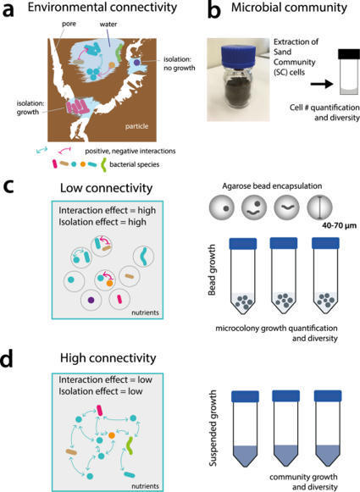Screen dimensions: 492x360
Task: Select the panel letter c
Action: [x=11, y=180]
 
